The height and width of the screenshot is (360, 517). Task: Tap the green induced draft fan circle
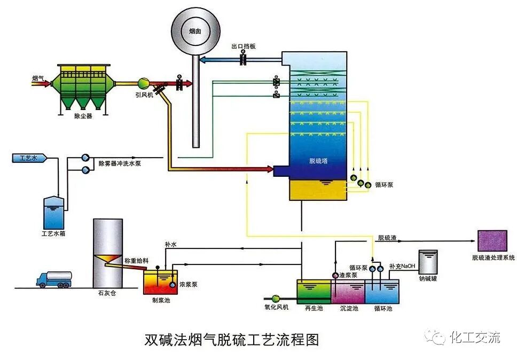(144, 83)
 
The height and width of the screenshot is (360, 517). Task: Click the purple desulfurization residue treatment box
(492, 241)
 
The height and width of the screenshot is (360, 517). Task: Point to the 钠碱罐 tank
(428, 262)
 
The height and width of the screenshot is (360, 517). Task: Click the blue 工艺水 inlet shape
(29, 158)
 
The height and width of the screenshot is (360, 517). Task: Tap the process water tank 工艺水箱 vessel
(56, 212)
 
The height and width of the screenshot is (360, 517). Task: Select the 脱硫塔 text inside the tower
(318, 160)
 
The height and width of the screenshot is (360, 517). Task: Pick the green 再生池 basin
(314, 291)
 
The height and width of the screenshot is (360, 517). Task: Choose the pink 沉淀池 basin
(348, 292)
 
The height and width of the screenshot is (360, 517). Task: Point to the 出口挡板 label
(243, 46)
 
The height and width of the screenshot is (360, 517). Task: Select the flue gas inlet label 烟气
(38, 79)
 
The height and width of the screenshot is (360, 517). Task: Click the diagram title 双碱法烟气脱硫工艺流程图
(231, 340)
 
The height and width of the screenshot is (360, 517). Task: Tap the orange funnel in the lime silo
(107, 259)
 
